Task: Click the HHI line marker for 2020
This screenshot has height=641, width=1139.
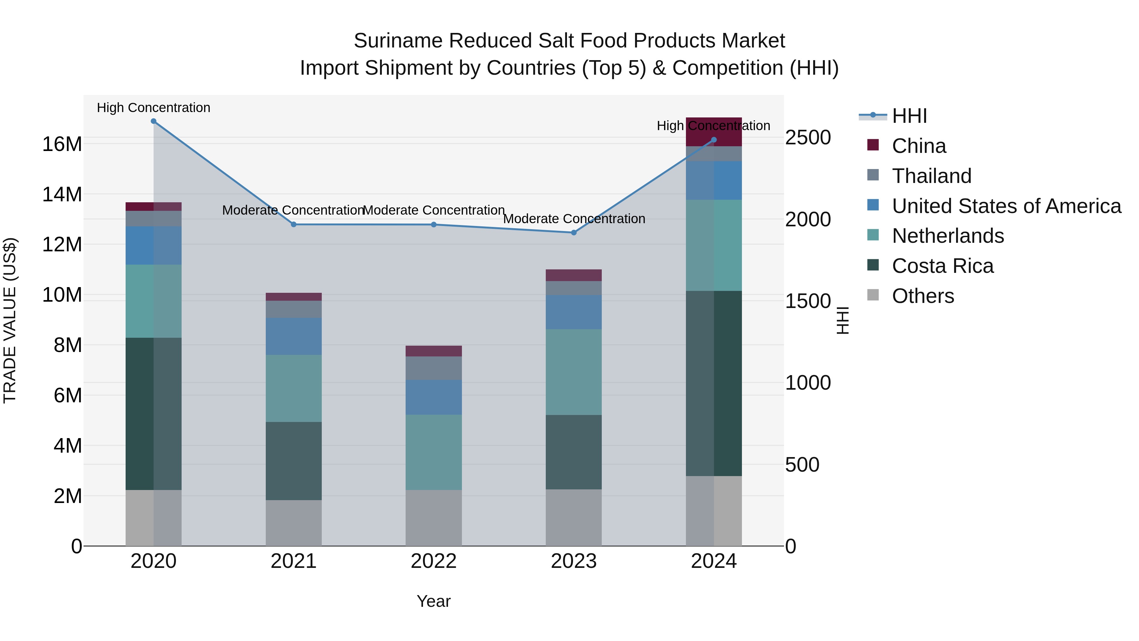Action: pyautogui.click(x=153, y=121)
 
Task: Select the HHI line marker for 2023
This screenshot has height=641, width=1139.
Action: pyautogui.click(x=574, y=233)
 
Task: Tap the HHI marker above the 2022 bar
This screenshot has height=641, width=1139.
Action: pyautogui.click(x=434, y=225)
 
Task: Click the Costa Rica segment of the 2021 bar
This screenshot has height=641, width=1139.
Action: pyautogui.click(x=294, y=461)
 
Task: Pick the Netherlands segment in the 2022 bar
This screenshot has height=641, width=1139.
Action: pyautogui.click(x=434, y=452)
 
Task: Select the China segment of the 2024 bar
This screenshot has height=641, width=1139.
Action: pyautogui.click(x=714, y=132)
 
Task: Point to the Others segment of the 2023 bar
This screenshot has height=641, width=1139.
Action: pyautogui.click(x=574, y=518)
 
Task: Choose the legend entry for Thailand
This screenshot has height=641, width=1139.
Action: pyautogui.click(x=931, y=176)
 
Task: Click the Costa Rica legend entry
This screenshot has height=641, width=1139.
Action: pyautogui.click(x=942, y=266)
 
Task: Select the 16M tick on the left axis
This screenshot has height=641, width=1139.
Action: pyautogui.click(x=62, y=144)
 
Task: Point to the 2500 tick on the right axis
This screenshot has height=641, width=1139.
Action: pyautogui.click(x=808, y=138)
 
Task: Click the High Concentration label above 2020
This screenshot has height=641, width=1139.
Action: pyautogui.click(x=153, y=108)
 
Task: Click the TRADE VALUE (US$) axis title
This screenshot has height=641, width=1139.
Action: pyautogui.click(x=10, y=320)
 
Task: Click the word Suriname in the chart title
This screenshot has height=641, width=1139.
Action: pyautogui.click(x=398, y=41)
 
